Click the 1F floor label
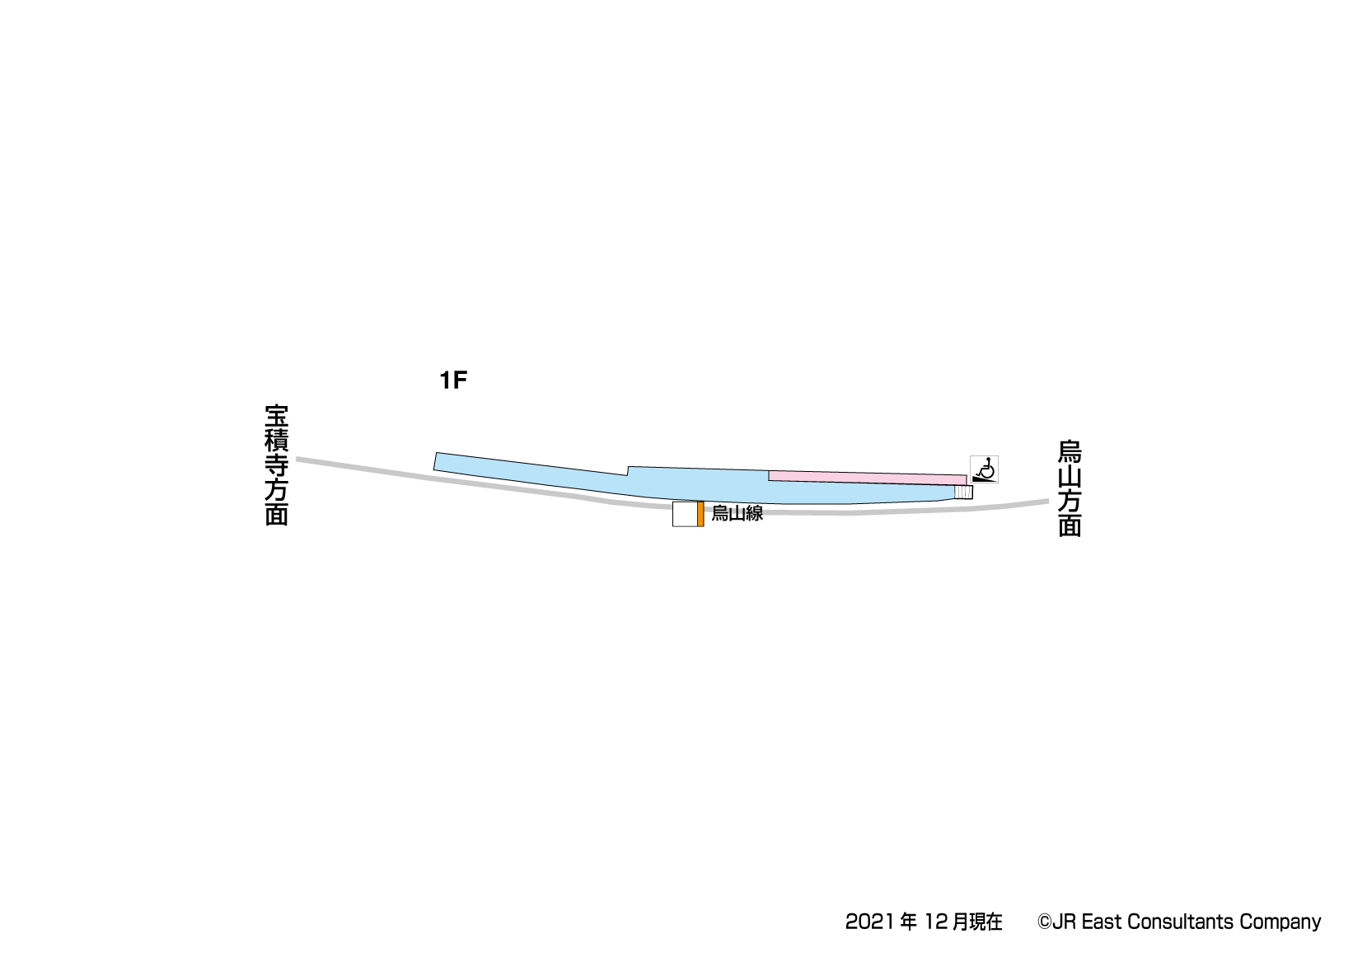[453, 380]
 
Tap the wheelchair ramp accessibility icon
[984, 469]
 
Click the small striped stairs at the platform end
[963, 492]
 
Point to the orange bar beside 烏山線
[700, 514]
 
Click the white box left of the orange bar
[685, 514]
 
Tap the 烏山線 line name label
[737, 514]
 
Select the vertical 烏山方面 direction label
[1069, 488]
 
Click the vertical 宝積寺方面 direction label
[277, 464]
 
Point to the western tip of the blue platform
[436, 462]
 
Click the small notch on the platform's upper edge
[628, 471]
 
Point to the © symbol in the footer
[1044, 922]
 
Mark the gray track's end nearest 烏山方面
[1044, 501]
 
